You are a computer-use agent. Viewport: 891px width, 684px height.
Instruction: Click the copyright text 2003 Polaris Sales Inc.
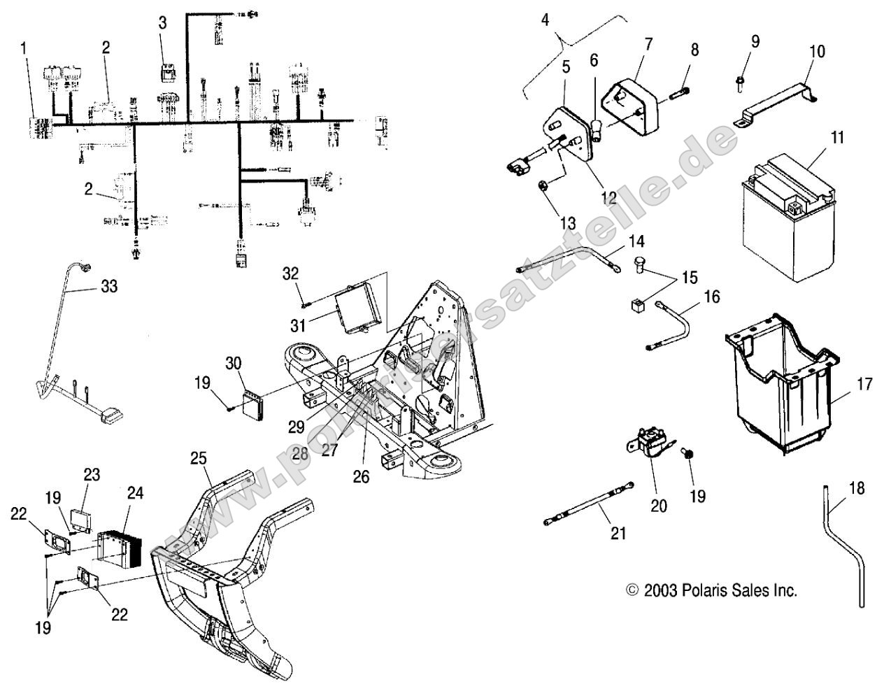point(711,590)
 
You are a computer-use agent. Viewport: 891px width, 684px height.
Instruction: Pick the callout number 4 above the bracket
point(546,20)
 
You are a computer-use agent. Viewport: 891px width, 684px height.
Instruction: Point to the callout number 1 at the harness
point(24,49)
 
